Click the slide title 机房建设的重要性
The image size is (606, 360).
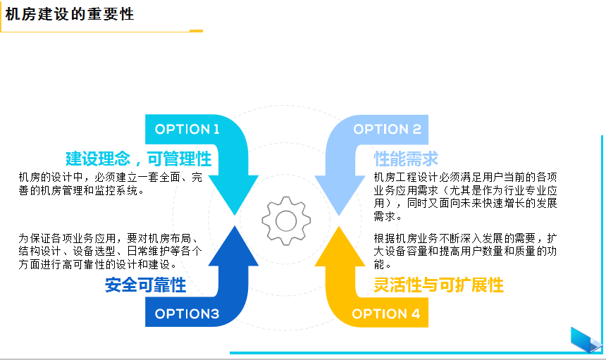(x=69, y=14)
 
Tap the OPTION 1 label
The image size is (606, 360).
(x=187, y=129)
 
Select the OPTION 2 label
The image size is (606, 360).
(x=387, y=129)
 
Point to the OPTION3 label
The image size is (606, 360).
(x=187, y=314)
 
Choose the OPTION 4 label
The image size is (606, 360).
(x=386, y=314)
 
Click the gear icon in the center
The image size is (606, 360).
(x=286, y=220)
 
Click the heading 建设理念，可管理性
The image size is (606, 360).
(x=138, y=158)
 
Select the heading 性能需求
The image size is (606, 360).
(x=406, y=158)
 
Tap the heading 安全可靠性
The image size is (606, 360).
(x=145, y=285)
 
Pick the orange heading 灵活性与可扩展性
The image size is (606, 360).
(x=438, y=285)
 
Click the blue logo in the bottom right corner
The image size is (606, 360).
(x=586, y=340)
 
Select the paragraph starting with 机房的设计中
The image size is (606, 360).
(x=110, y=184)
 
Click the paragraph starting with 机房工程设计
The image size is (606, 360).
(x=465, y=197)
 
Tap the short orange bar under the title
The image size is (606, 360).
(x=196, y=31)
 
